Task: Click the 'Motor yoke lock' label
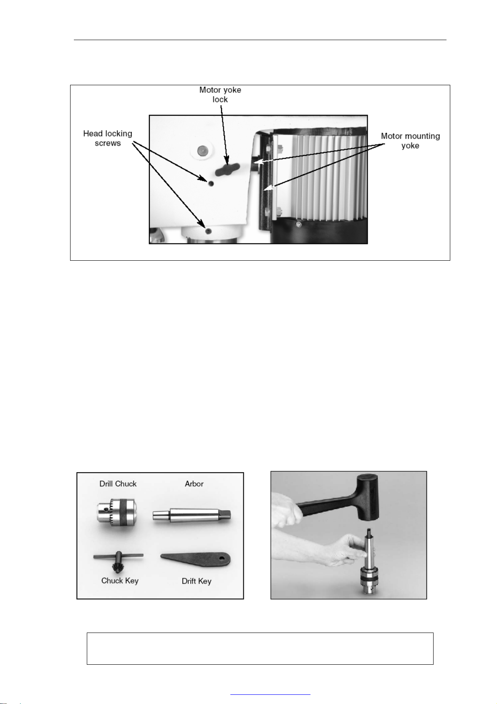pos(220,94)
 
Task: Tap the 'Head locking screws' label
pos(108,138)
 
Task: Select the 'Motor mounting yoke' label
pos(410,141)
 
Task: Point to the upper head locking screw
pos(211,183)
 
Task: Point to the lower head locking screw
pos(209,231)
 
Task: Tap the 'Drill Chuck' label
pos(118,484)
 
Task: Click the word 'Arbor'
pos(194,484)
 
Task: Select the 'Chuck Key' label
pos(120,581)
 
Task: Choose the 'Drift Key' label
pos(197,581)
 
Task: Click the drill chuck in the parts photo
pos(117,512)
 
